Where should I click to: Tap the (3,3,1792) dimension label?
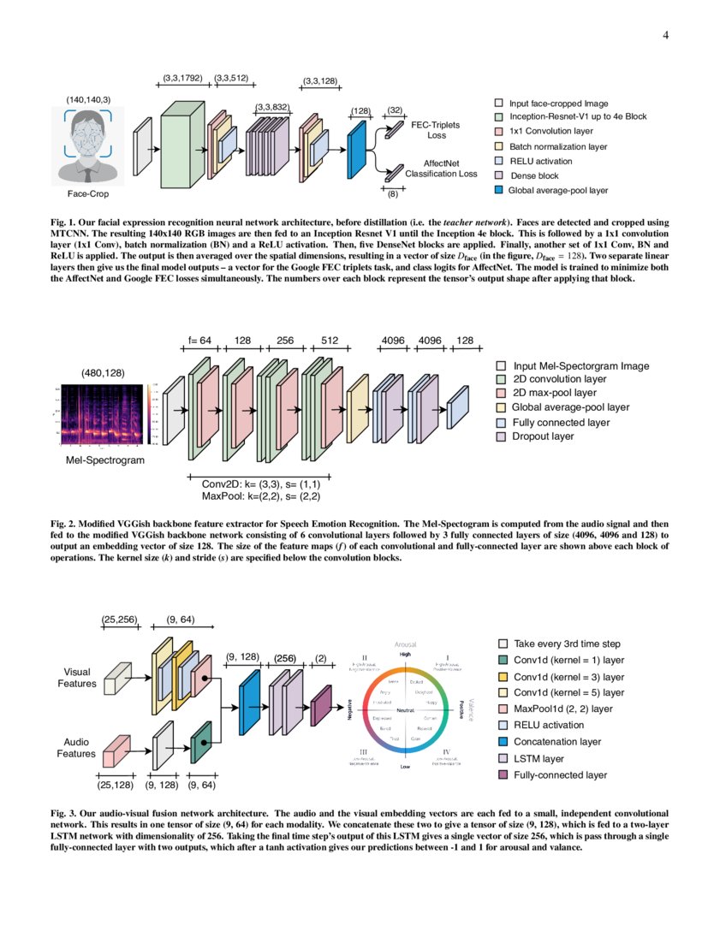(x=183, y=79)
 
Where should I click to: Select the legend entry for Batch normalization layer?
(x=556, y=146)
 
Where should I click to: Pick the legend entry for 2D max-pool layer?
(x=554, y=393)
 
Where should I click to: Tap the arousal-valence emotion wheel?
(x=406, y=709)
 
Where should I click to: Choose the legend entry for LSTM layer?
(x=538, y=758)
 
